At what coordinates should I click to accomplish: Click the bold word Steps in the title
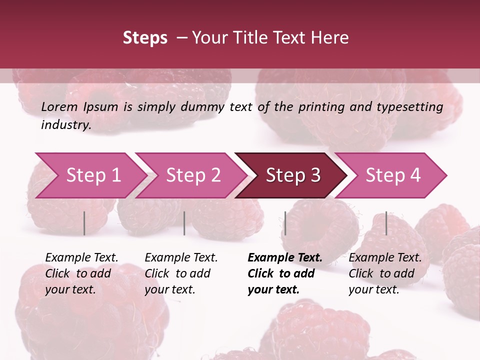point(145,38)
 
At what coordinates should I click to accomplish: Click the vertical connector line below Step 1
point(84,223)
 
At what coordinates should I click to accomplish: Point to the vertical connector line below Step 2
point(184,223)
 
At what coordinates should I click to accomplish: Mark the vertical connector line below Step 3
point(285,223)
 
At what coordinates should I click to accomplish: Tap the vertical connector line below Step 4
point(386,223)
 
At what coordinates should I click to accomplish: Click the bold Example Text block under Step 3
point(285,273)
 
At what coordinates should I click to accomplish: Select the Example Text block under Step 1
point(81,273)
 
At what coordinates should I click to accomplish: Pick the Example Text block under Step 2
point(181,273)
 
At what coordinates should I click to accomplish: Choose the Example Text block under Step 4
point(385,273)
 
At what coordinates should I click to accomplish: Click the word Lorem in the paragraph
point(59,107)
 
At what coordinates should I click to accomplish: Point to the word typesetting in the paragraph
point(414,107)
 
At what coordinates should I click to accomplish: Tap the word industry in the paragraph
point(65,125)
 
